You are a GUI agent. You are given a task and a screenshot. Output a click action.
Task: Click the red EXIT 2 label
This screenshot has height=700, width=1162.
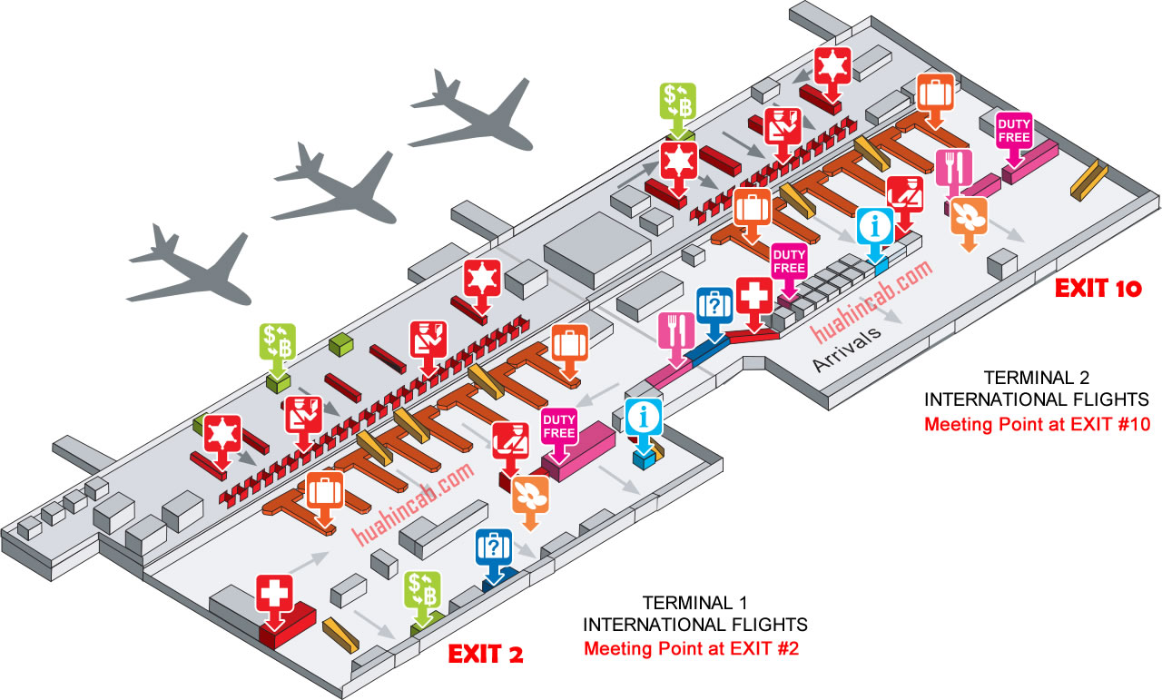[486, 654]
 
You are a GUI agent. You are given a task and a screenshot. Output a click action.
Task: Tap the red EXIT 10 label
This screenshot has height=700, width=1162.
[1098, 289]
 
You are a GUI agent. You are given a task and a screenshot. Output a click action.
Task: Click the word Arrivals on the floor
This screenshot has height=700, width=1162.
[847, 350]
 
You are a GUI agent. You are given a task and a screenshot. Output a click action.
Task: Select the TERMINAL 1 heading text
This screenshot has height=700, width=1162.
[695, 603]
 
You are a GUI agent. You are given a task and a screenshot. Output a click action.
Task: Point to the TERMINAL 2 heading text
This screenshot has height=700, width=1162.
[1037, 378]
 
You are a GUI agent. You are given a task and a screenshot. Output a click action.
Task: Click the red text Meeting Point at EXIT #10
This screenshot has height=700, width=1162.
[1037, 425]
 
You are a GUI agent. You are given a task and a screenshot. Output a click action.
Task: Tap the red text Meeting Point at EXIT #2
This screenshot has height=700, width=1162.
[692, 648]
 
